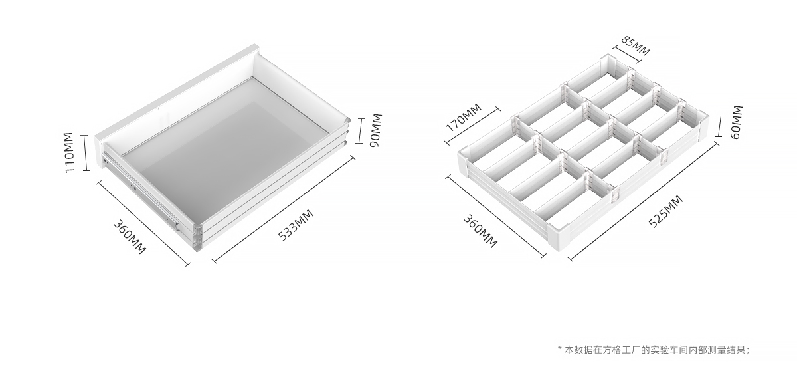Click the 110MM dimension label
pos(69,152)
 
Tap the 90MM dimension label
pos(375,130)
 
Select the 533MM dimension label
pos(296,225)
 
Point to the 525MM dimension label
pos(665,211)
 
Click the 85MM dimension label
pos(636,46)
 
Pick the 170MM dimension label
pos(464,117)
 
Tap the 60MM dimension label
pos(737,122)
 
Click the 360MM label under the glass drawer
pos(130,237)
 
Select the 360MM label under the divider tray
pos(480,231)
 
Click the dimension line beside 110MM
pos(86,153)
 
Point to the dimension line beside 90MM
pos(361,131)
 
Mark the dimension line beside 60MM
pos(719,126)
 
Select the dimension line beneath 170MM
pos(473,126)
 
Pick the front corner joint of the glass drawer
pos(197,237)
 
